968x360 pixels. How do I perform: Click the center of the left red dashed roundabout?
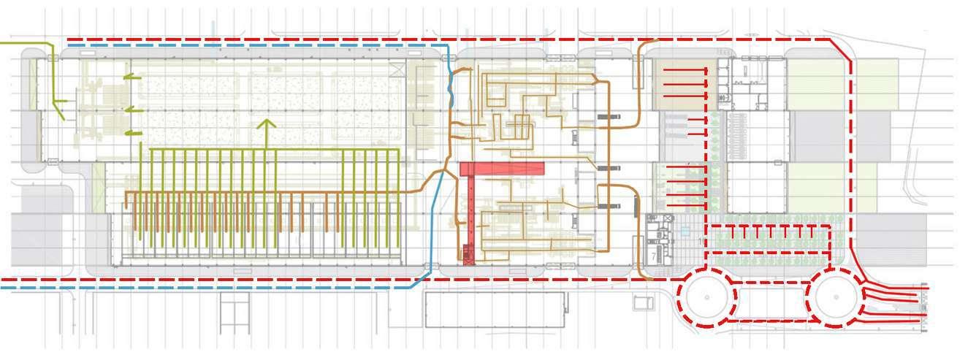(x=706, y=296)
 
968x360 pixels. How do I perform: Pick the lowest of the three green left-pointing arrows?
(x=133, y=133)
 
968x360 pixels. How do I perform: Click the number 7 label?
(x=652, y=256)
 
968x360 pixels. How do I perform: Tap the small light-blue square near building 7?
(x=685, y=230)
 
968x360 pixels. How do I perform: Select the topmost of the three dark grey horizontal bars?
(x=609, y=116)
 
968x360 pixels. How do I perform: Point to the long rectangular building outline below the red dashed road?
(x=495, y=310)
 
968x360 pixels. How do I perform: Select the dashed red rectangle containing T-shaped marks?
(x=770, y=240)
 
